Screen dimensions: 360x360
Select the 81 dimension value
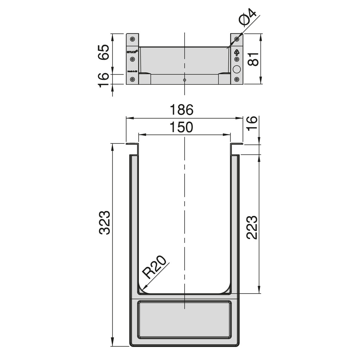(x=253, y=59)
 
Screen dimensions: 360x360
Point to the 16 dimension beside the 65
(x=103, y=80)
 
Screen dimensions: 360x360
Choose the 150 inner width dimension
(x=182, y=127)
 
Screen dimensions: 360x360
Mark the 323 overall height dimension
(x=104, y=223)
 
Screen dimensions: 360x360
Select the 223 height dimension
(x=252, y=227)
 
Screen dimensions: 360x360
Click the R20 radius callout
(x=155, y=267)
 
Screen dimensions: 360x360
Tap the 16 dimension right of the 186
(x=252, y=123)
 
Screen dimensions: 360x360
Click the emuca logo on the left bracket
(x=132, y=52)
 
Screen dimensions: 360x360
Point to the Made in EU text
(x=132, y=71)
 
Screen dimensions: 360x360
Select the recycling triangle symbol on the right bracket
(x=237, y=52)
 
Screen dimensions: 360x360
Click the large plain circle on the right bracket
(x=237, y=69)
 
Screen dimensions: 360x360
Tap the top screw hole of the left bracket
(x=133, y=39)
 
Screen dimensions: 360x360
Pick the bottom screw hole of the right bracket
(x=237, y=79)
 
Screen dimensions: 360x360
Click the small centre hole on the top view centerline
(x=184, y=80)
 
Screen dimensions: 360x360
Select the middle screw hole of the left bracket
(x=133, y=59)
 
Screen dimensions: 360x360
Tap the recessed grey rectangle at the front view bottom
(x=184, y=319)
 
